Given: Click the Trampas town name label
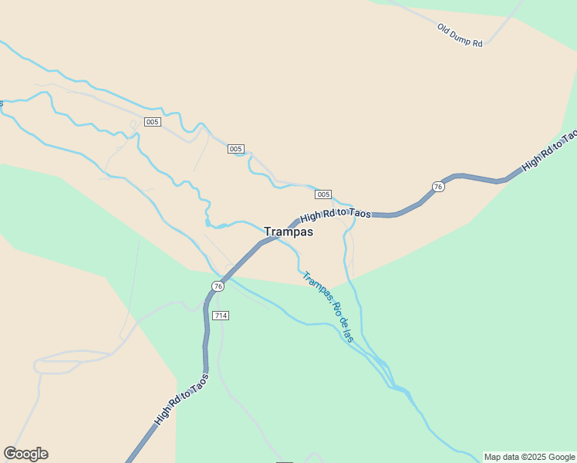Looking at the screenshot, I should (x=288, y=231).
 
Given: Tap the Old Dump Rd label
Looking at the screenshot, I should (x=460, y=36).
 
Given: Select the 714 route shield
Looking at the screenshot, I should (x=221, y=316).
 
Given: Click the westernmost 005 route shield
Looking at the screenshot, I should (x=153, y=122).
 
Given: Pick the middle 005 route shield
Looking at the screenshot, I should (x=236, y=149).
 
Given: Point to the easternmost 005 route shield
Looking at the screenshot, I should (x=323, y=194).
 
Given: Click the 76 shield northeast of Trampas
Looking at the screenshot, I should (x=437, y=187).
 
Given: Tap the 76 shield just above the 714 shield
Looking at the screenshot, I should (x=218, y=286).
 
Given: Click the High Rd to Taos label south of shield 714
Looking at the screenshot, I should (x=181, y=400).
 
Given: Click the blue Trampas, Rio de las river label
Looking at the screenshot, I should (x=329, y=306).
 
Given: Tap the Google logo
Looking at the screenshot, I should (x=25, y=454).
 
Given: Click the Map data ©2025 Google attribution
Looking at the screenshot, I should (x=529, y=457).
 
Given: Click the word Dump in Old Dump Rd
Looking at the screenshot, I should (x=460, y=36).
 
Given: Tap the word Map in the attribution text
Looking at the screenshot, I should (x=493, y=457).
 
